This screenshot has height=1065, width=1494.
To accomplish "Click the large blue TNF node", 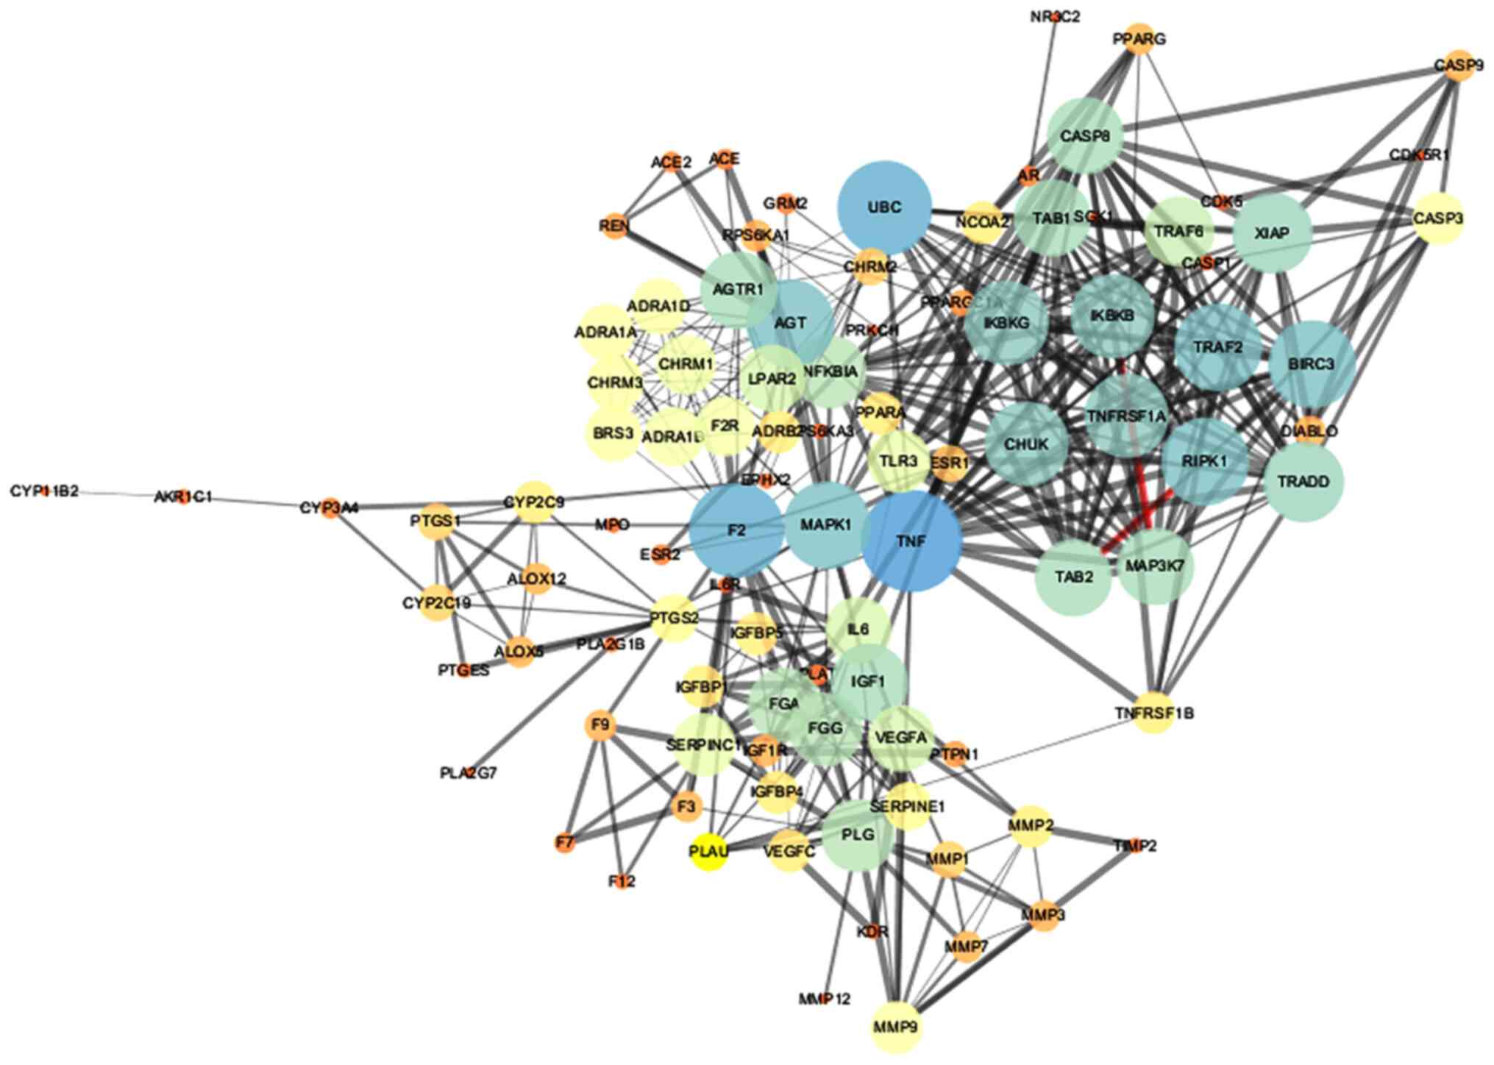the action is click(x=911, y=541).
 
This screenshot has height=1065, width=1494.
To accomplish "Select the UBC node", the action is click(x=884, y=207).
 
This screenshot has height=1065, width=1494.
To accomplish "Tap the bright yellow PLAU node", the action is click(x=708, y=851).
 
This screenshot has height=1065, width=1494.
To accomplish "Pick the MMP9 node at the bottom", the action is click(x=896, y=1026).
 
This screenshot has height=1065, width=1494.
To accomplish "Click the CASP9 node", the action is click(x=1458, y=66).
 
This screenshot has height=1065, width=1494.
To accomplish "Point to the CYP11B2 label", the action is click(x=44, y=491).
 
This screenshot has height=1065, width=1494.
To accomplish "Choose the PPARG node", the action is click(x=1139, y=39).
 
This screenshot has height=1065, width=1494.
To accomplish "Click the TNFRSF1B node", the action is click(x=1153, y=713).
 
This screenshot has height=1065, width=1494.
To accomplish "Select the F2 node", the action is click(x=736, y=530).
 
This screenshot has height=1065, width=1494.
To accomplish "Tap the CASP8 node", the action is click(x=1085, y=136).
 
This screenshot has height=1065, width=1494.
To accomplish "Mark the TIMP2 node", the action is click(x=1135, y=846).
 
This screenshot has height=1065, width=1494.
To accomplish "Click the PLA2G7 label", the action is click(x=469, y=773).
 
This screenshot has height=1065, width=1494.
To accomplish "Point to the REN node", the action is click(x=614, y=226).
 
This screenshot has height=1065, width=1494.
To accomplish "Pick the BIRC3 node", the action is click(x=1312, y=364).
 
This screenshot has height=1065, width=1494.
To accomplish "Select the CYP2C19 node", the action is click(x=436, y=603).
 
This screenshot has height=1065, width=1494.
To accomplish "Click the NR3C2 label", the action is click(x=1055, y=16).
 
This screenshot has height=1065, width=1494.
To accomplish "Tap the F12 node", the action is click(x=622, y=880).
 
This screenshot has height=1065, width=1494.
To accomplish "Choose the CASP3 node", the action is click(x=1438, y=218).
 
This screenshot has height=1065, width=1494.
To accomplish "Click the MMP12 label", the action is click(x=825, y=999).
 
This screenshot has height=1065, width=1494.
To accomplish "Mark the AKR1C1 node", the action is click(x=183, y=497).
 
